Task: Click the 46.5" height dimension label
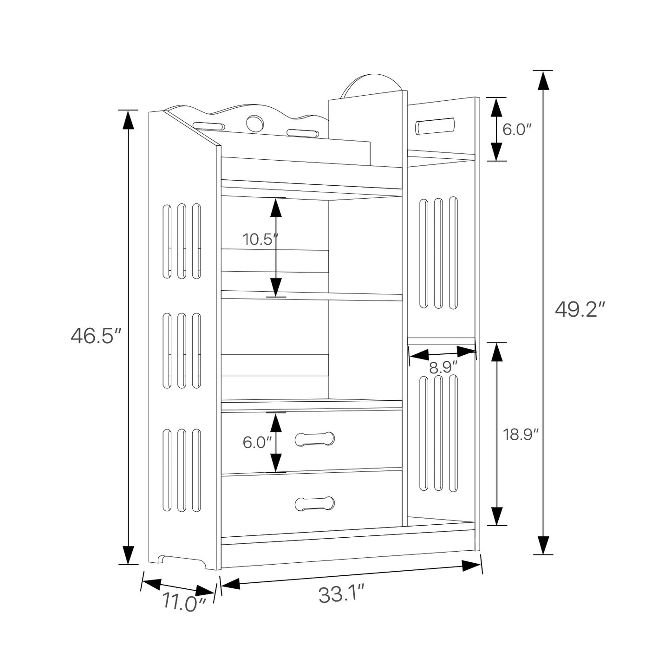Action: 96,336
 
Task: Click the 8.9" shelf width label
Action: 443,367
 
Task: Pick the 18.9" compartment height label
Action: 520,435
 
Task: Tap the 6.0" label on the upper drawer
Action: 257,442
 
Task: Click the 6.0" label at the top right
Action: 517,130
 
